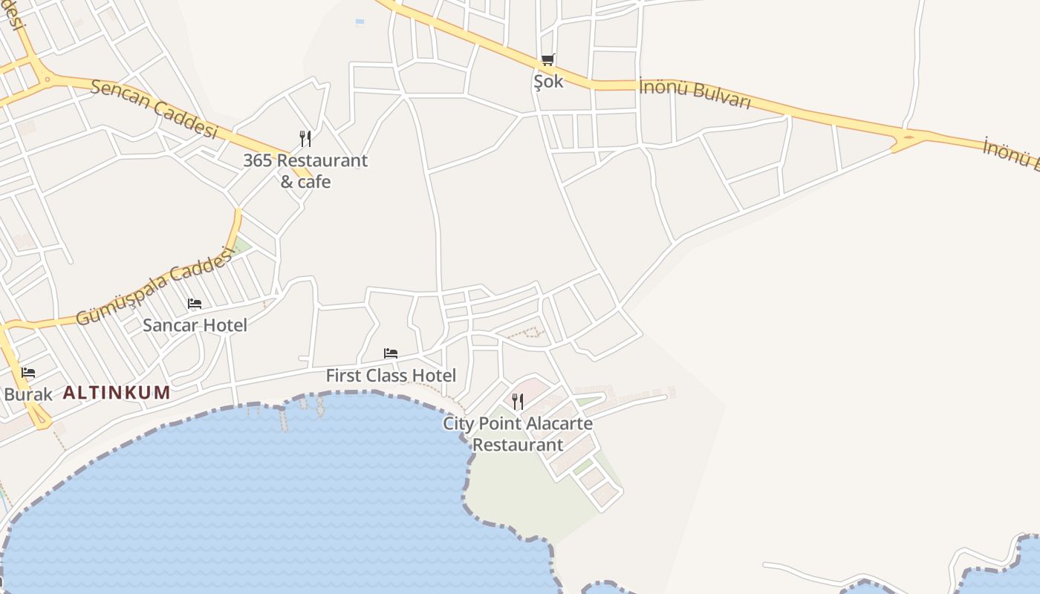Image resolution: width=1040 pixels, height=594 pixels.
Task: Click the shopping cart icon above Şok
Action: coord(547,59)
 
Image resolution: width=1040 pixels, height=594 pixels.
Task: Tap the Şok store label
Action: coord(548,81)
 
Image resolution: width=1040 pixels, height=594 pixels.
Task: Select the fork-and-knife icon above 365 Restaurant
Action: coord(305,138)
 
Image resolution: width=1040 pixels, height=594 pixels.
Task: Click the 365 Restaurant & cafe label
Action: coord(305,171)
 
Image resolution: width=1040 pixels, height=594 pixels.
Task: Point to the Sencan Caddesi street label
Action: coord(154,108)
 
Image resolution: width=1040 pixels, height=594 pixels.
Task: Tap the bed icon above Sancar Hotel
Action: coord(195,303)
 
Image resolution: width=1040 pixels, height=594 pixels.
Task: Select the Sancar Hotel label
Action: coord(195,324)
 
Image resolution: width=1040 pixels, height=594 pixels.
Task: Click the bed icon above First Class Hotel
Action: coord(391,353)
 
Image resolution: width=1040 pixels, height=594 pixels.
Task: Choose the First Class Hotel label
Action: coord(391,376)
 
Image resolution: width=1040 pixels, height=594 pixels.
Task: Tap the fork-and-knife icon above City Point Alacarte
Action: coord(518,401)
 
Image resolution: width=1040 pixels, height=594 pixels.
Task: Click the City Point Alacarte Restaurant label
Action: coord(518,434)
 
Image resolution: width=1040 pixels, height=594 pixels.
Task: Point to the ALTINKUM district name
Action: coord(117,392)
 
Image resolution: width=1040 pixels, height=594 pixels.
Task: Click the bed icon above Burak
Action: coord(28,372)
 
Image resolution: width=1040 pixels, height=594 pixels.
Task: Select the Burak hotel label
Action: coord(28,394)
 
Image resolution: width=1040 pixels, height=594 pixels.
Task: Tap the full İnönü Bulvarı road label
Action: coord(695,94)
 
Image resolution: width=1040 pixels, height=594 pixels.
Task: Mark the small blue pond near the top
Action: coord(360,22)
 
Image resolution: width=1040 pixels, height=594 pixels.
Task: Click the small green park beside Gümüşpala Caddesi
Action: coord(241,246)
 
